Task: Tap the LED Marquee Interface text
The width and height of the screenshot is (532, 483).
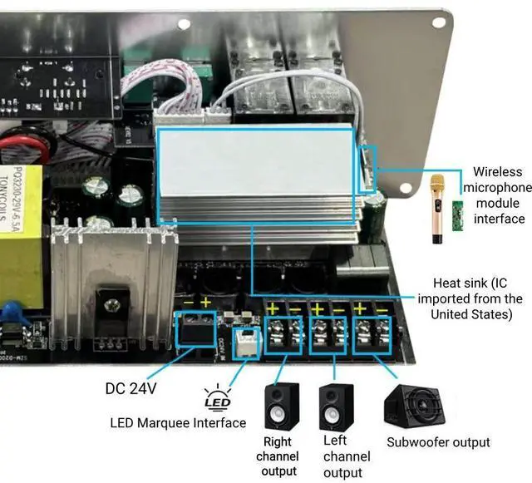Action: (178, 423)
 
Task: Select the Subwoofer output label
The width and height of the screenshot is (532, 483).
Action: (438, 442)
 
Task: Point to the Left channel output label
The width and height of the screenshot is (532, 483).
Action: (347, 456)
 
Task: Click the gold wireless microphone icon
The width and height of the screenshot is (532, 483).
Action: (437, 209)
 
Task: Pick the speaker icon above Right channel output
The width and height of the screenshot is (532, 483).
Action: (281, 407)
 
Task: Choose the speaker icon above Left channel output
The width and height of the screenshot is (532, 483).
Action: (337, 407)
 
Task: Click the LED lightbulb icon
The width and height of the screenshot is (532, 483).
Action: (215, 400)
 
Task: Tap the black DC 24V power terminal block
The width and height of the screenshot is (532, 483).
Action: (196, 330)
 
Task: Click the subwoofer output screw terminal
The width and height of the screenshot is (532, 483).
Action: (372, 330)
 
